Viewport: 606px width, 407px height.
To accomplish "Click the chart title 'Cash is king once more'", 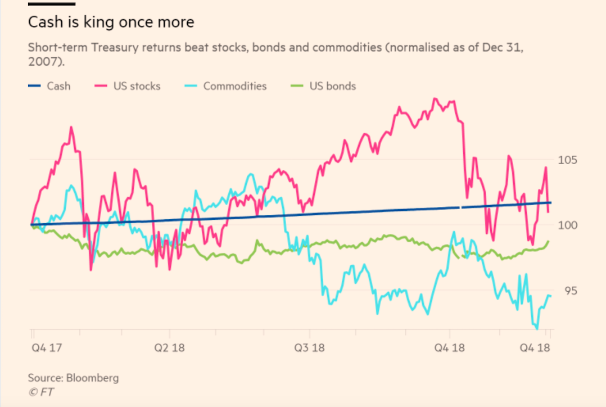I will (111, 22).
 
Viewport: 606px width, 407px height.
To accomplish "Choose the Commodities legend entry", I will (225, 86).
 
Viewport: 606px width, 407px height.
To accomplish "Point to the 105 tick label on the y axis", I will (568, 160).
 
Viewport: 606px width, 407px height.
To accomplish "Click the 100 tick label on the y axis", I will (568, 225).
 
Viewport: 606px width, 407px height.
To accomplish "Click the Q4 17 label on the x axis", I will (46, 348).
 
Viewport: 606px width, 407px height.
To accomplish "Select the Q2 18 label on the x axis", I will (170, 348).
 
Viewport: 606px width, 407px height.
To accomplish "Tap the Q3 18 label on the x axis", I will (310, 348).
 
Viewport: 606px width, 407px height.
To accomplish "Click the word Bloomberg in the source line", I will (93, 378).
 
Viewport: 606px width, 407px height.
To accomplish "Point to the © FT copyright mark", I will (39, 392).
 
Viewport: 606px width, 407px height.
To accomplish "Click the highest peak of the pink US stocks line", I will (435, 99).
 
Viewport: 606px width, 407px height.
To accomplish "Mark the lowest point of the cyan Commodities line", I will (537, 328).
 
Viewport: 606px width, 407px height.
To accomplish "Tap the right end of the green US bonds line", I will (549, 241).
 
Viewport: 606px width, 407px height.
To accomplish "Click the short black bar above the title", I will (52, 4).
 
